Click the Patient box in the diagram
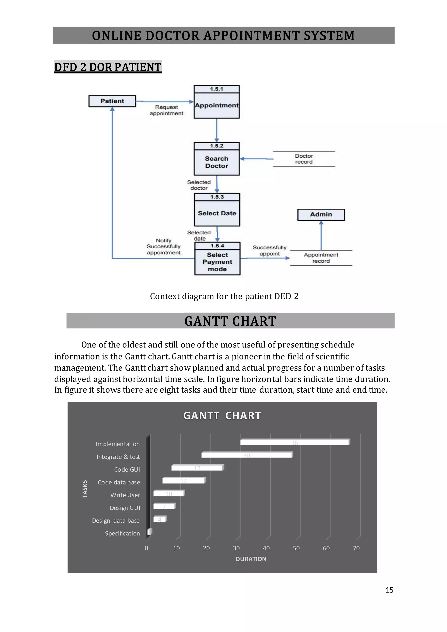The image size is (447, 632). pyautogui.click(x=112, y=101)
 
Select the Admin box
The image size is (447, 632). pyautogui.click(x=321, y=215)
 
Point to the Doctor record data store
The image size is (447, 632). pyautogui.click(x=304, y=159)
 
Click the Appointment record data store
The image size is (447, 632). pyautogui.click(x=321, y=258)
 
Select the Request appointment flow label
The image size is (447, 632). pyautogui.click(x=166, y=110)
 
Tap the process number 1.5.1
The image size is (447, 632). pyautogui.click(x=217, y=89)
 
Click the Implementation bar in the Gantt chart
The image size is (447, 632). pyautogui.click(x=294, y=442)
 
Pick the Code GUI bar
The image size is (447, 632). pyautogui.click(x=197, y=468)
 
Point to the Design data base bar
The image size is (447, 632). pyautogui.click(x=160, y=519)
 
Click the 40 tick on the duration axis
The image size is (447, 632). pyautogui.click(x=266, y=548)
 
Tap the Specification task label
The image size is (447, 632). pyautogui.click(x=122, y=533)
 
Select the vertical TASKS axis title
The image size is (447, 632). pyautogui.click(x=85, y=489)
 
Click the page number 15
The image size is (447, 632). pyautogui.click(x=389, y=590)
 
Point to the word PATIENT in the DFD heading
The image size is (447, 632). pyautogui.click(x=138, y=67)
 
